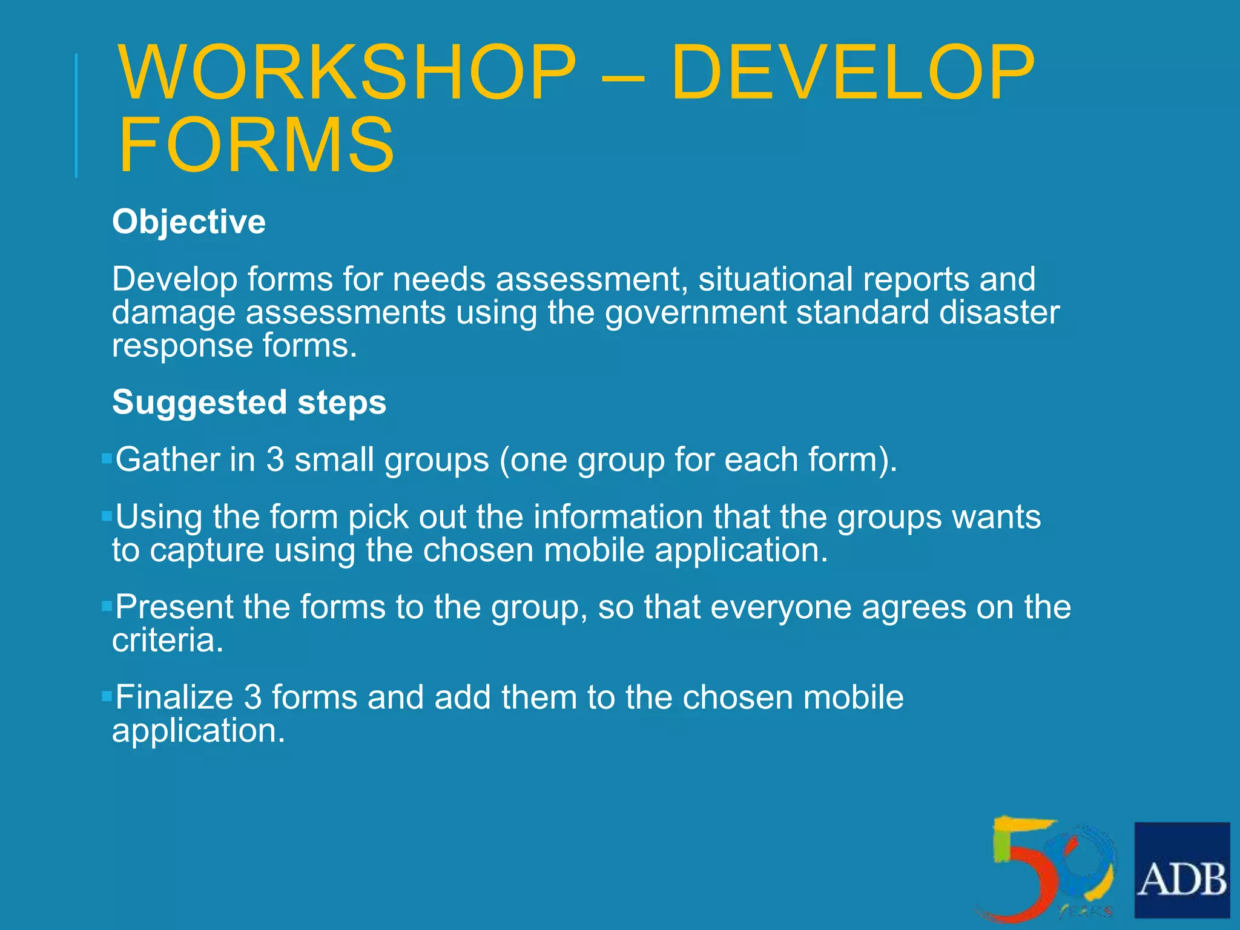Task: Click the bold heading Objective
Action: pos(189,222)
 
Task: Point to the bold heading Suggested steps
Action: pos(249,402)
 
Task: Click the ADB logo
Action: pos(1182,869)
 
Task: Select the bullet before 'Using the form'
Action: pos(107,516)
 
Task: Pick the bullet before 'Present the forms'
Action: pos(107,605)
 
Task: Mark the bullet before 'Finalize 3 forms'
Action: pos(107,696)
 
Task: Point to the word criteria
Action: pos(167,641)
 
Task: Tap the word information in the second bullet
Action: pos(618,517)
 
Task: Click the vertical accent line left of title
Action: pos(76,115)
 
